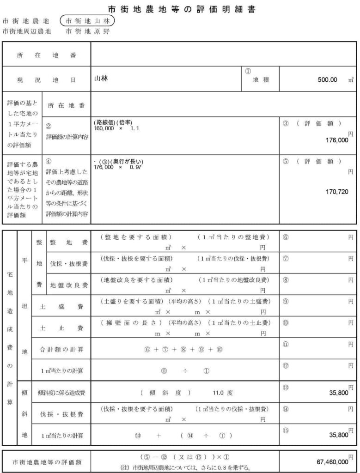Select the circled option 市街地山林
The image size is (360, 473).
pyautogui.click(x=87, y=21)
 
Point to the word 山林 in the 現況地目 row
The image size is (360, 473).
pyautogui.click(x=101, y=79)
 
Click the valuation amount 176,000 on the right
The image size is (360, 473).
pyautogui.click(x=336, y=140)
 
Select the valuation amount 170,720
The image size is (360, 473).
pyautogui.click(x=337, y=192)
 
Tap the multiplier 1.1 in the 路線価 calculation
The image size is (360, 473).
pyautogui.click(x=135, y=127)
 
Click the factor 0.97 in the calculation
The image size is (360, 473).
pyautogui.click(x=136, y=167)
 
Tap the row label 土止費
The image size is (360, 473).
pyautogui.click(x=61, y=328)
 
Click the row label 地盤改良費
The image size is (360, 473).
pyautogui.click(x=69, y=285)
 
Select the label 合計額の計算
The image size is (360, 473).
pyautogui.click(x=61, y=349)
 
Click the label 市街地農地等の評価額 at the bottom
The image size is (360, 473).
pyautogui.click(x=47, y=461)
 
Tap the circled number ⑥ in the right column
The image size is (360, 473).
pyautogui.click(x=286, y=237)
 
